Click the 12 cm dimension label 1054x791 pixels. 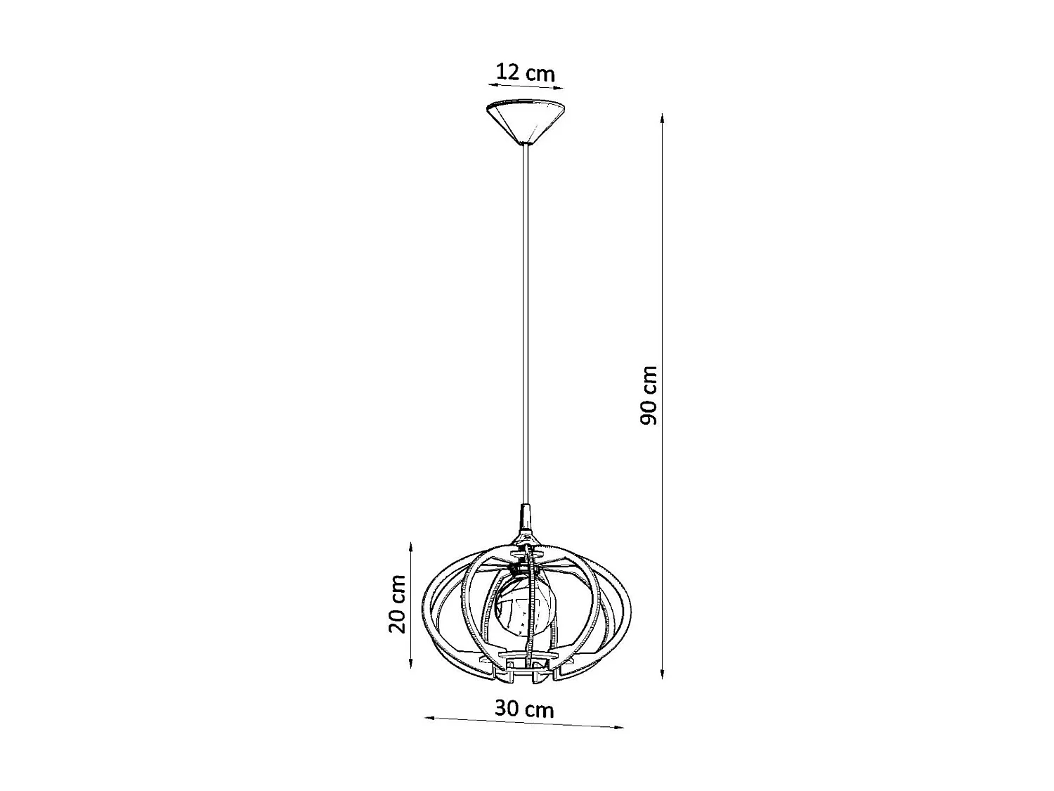525,72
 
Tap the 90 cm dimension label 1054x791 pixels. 649,395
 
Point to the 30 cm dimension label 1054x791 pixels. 524,709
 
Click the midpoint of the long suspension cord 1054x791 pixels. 524,323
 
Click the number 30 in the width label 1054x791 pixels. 507,708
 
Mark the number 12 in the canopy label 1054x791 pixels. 507,72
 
